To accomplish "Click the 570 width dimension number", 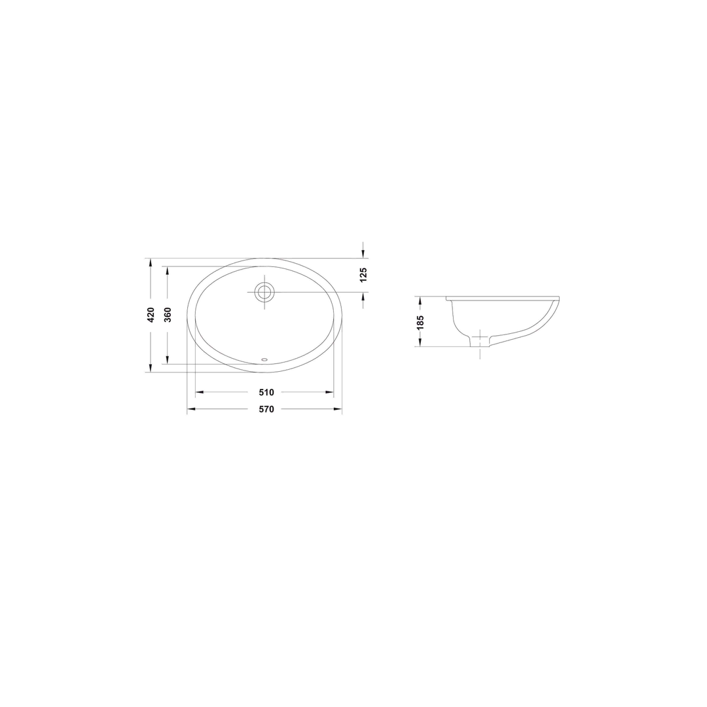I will point(266,409).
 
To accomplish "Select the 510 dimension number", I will point(266,392).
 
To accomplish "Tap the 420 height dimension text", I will point(151,315).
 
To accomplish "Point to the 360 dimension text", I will point(168,315).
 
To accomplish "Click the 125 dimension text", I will point(363,275).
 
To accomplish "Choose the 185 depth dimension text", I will point(420,322).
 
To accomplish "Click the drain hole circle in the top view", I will point(264,292).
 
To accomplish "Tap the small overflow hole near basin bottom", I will point(264,359).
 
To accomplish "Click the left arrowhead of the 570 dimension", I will point(191,409).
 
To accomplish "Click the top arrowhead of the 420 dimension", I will point(151,263).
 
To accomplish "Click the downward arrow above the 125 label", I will point(363,253).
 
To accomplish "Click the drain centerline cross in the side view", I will point(480,337).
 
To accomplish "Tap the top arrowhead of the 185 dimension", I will point(420,300).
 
